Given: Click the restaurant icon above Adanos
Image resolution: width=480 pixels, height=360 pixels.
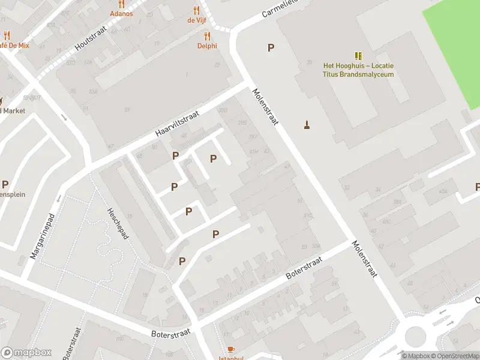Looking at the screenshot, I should click(121, 4).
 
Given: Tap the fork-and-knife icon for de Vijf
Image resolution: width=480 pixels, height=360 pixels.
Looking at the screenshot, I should click(196, 10).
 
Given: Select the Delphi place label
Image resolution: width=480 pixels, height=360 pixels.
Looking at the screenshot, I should click(207, 46).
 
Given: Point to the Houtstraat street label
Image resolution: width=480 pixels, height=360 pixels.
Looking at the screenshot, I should click(89, 37).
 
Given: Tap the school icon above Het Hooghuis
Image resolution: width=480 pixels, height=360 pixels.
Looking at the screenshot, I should click(359, 56).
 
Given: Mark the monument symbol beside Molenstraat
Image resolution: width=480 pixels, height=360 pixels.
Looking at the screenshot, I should click(307, 125).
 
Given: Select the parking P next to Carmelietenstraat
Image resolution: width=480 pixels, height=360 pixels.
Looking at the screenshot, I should click(271, 47).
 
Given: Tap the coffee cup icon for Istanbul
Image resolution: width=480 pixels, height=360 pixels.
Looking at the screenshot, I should click(231, 349).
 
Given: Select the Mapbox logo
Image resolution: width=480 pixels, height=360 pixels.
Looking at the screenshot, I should click(26, 353).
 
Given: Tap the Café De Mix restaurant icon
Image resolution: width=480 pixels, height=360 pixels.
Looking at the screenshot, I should click(7, 35).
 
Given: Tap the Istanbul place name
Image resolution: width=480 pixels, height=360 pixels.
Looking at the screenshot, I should click(232, 358).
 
